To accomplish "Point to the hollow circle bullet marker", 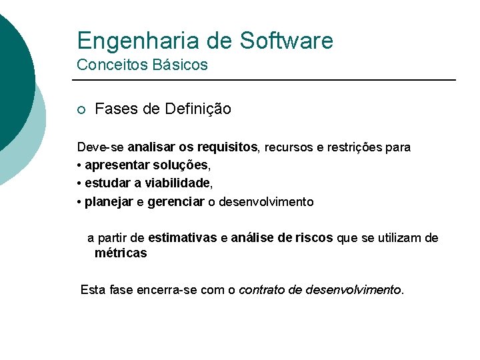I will tap(81, 109).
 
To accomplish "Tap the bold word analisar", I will tap(152, 147).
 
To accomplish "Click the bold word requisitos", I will tap(227, 147).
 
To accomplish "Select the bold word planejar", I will tap(109, 201).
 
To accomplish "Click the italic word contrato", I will tap(261, 290).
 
